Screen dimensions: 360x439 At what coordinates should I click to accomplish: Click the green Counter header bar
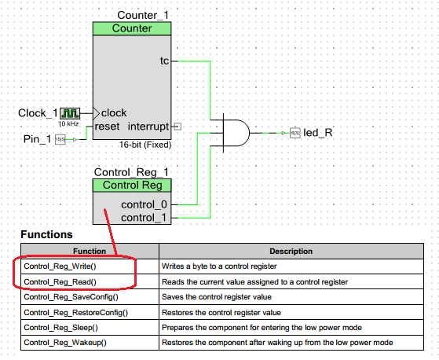[x=132, y=28]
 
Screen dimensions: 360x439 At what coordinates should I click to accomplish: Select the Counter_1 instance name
[x=143, y=16]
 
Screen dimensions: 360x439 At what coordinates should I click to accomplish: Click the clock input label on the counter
[x=114, y=112]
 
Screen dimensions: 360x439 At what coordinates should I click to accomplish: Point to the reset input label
[x=107, y=126]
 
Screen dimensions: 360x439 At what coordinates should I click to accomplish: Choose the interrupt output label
[x=148, y=126]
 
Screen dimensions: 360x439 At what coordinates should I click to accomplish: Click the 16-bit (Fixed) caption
[x=145, y=145]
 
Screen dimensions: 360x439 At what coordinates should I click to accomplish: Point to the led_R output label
[x=317, y=132]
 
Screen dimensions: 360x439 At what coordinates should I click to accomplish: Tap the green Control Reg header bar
[x=132, y=186]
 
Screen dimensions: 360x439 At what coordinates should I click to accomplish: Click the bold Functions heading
[x=46, y=234]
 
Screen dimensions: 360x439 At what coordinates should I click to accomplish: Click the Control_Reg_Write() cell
[x=71, y=267]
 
